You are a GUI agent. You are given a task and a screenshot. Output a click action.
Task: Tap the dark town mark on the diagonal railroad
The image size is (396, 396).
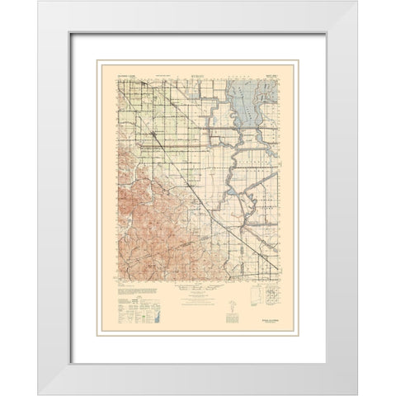[x=153, y=130]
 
